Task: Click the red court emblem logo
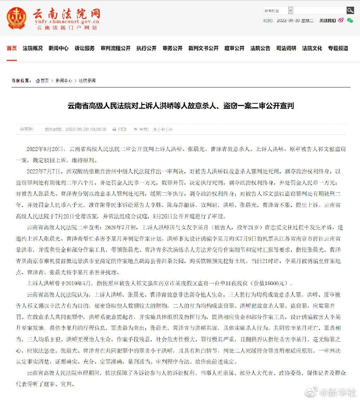point(17,18)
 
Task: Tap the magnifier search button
point(350,10)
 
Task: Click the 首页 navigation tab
point(12,48)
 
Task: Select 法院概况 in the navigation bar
point(33,48)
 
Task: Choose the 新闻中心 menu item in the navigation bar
point(58,48)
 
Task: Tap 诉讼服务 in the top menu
point(84,48)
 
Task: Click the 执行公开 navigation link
point(146,48)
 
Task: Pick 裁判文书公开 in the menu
point(203,48)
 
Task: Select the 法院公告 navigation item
point(260,48)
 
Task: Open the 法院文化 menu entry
point(312,48)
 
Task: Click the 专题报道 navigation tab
point(338,48)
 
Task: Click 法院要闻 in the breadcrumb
point(87,80)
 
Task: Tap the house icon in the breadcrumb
point(38,81)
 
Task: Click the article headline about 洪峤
point(180,106)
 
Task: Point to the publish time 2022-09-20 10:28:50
point(85,129)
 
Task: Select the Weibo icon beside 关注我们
point(341,20)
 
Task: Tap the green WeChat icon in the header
point(350,20)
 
